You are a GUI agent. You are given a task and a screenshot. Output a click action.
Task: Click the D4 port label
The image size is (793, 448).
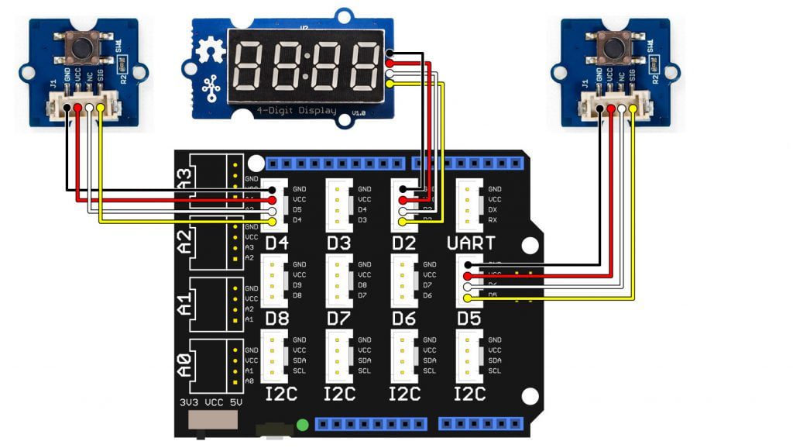(276, 243)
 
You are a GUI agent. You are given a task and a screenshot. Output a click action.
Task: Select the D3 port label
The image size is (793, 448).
(338, 243)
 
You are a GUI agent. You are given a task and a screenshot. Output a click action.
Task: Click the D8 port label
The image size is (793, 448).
(276, 319)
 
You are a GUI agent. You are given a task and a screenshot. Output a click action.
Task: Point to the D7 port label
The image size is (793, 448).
(338, 319)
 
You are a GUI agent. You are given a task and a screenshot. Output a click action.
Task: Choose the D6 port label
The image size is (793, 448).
(404, 319)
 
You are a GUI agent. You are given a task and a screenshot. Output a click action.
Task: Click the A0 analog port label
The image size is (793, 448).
(184, 363)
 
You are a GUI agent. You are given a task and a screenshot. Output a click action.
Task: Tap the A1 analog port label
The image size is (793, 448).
(184, 300)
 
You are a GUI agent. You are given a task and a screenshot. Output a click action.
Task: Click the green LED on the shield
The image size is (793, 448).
(302, 425)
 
